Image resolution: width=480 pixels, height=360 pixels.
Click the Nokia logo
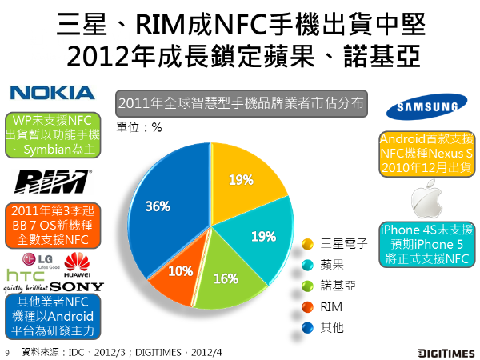click(53, 93)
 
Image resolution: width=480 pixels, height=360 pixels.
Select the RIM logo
click(52, 177)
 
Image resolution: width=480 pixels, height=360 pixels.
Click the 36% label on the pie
click(158, 206)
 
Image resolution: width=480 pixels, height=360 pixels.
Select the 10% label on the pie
click(181, 270)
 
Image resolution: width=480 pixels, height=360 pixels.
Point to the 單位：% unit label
click(139, 126)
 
